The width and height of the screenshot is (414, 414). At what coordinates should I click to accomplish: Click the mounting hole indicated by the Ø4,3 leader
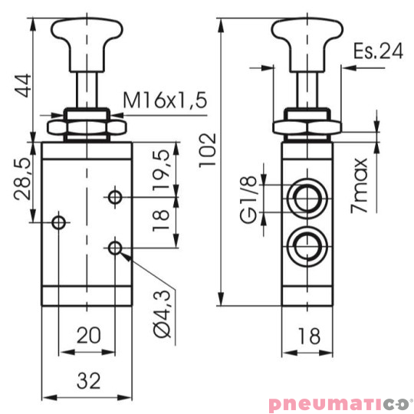tap(115, 248)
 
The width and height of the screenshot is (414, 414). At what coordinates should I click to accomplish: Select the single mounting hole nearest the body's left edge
tap(58, 222)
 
